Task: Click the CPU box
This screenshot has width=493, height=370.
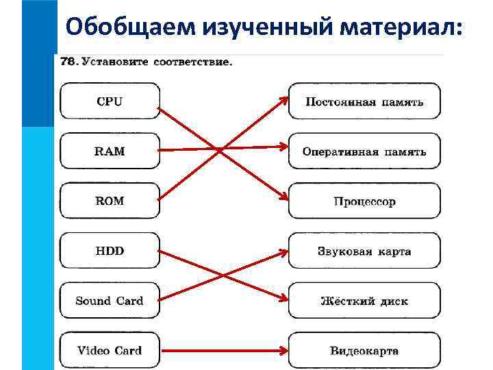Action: click(x=110, y=101)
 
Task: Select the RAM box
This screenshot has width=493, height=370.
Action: click(x=110, y=151)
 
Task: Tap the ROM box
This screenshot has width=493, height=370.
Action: click(x=110, y=201)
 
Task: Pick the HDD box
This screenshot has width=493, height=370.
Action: click(x=110, y=251)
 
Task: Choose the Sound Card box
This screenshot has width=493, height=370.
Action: click(x=110, y=301)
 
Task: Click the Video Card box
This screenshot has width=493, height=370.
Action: click(x=110, y=351)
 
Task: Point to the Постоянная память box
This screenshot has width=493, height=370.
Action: click(x=364, y=101)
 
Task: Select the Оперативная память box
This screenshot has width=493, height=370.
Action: click(x=364, y=151)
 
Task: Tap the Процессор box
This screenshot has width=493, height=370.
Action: click(x=364, y=201)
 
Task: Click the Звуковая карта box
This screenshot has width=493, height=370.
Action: click(x=364, y=251)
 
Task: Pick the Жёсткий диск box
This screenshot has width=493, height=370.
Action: click(x=364, y=301)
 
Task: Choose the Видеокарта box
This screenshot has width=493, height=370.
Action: click(x=364, y=351)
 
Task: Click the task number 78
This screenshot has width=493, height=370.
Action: click(x=68, y=61)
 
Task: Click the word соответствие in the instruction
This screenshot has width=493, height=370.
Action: click(x=196, y=62)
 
